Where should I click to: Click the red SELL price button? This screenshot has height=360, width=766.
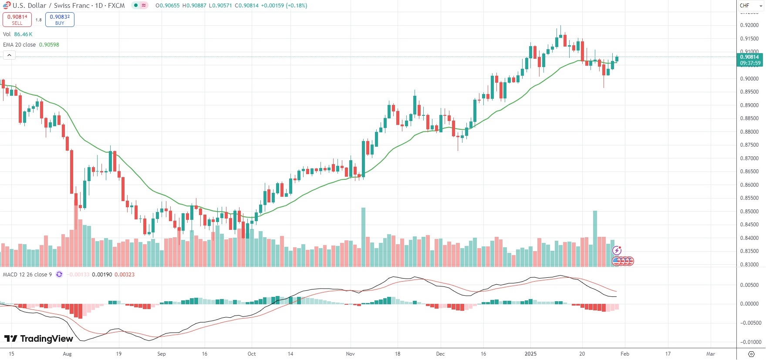point(17,20)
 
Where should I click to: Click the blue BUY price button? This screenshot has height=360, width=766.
point(60,20)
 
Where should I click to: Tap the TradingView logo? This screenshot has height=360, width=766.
point(39,339)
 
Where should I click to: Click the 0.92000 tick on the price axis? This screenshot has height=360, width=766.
point(749,25)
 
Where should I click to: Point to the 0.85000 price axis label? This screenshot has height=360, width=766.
point(749,212)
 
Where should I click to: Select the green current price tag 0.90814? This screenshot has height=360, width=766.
point(750,57)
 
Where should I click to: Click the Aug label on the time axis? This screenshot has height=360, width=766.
point(67,354)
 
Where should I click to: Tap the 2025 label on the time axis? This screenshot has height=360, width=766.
point(530,354)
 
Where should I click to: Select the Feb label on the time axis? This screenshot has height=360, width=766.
point(624,354)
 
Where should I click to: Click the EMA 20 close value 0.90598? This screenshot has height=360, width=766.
point(49,45)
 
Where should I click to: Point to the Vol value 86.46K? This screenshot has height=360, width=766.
point(23,34)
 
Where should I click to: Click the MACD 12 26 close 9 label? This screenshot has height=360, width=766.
point(27,275)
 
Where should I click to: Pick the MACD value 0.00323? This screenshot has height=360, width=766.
point(125,275)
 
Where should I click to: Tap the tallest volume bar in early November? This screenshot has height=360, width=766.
point(363,237)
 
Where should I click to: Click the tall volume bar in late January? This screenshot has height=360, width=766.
point(595,239)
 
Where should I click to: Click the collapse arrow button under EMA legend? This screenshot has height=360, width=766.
point(9,55)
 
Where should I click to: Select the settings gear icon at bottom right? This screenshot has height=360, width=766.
point(751,354)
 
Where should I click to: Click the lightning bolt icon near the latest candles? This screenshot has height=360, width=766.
point(617,250)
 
